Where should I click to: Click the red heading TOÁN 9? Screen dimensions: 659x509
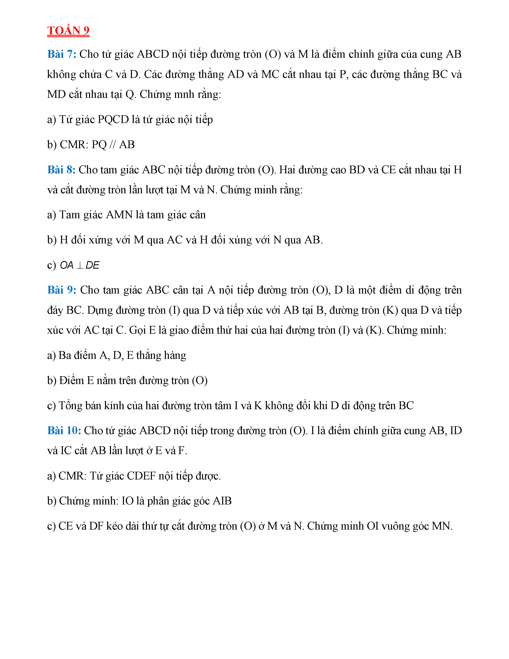[x=68, y=31]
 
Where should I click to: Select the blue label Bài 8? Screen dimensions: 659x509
[x=61, y=170]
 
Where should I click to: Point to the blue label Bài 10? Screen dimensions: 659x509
[x=64, y=431]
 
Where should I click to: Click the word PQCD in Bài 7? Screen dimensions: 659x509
[x=113, y=119]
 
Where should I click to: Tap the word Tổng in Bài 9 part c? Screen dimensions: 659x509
[x=70, y=406]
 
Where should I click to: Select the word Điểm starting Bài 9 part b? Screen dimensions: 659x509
[x=71, y=380]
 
